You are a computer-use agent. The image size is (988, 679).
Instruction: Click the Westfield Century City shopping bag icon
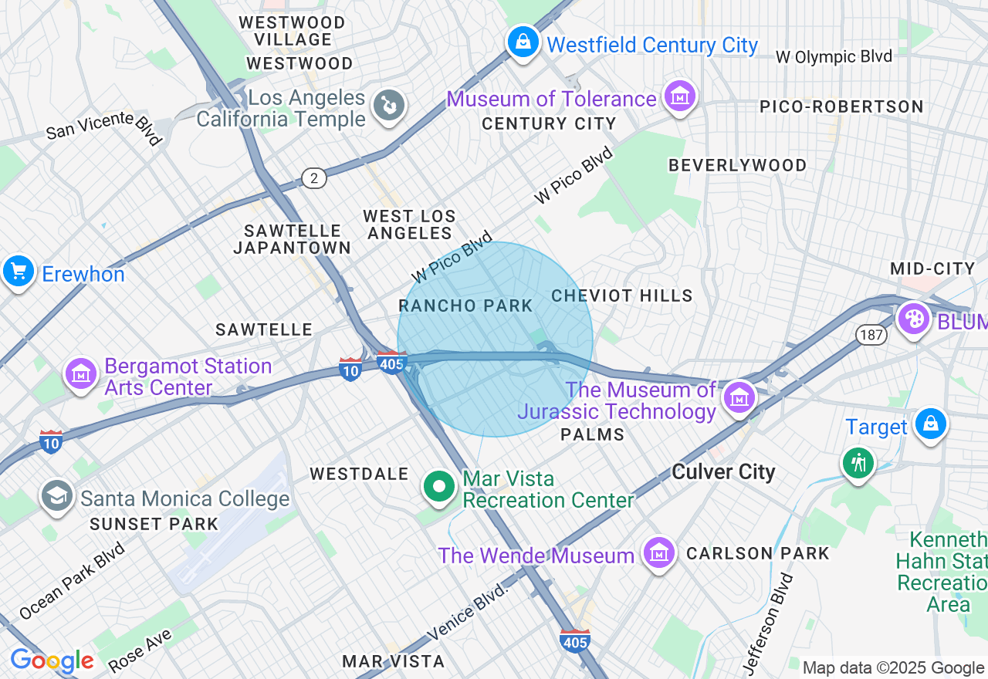click(523, 42)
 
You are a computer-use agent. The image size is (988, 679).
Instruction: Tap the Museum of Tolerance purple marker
click(681, 97)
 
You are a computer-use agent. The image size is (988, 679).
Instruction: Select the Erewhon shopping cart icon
click(18, 272)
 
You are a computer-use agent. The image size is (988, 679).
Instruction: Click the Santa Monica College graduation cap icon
click(56, 496)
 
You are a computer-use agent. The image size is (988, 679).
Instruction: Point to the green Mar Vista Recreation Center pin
click(439, 487)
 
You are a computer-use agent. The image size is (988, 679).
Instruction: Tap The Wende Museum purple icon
click(658, 553)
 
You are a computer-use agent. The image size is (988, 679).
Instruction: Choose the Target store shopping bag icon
click(931, 424)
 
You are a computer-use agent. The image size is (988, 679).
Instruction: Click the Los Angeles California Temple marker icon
click(388, 106)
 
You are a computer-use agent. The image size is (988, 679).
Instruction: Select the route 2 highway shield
click(313, 178)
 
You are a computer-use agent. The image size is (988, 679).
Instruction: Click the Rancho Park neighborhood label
click(465, 306)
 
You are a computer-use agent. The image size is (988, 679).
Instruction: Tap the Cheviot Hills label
click(622, 296)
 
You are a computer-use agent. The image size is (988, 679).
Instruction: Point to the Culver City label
click(723, 471)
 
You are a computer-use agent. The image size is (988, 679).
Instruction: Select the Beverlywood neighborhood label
click(737, 165)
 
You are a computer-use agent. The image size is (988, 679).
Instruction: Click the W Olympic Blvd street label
click(834, 56)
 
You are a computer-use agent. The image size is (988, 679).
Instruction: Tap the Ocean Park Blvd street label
click(72, 580)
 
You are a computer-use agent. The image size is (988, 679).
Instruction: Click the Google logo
click(52, 660)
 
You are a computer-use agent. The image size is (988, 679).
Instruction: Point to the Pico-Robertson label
click(841, 106)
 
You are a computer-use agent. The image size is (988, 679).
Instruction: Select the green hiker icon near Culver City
click(858, 463)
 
